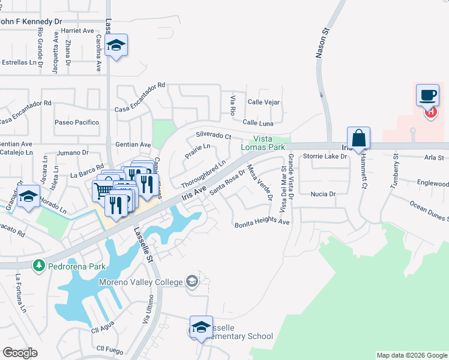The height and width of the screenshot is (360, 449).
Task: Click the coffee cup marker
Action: [x=427, y=95]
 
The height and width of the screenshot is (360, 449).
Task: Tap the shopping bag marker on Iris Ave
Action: [x=358, y=138]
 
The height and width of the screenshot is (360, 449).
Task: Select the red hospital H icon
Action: [x=430, y=112]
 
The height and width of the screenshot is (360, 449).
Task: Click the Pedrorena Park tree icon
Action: [x=39, y=265]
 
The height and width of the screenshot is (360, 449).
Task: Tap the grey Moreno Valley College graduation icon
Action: [x=191, y=281]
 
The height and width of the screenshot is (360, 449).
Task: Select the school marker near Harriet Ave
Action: [x=116, y=45]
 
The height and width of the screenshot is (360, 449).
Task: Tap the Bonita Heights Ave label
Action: [x=262, y=221]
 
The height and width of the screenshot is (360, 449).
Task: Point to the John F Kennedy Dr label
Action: [x=31, y=21]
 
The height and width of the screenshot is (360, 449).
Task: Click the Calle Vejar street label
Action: [x=264, y=103]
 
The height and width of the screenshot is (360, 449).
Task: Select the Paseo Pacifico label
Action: [x=77, y=122]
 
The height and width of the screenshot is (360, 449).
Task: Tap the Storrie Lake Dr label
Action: [x=325, y=157]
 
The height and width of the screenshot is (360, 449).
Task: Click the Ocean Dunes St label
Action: [x=429, y=210]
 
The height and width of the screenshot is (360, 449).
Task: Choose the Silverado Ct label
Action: [x=214, y=136]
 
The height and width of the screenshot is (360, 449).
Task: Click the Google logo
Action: [x=20, y=352]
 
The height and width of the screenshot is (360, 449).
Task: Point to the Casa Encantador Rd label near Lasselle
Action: [x=140, y=97]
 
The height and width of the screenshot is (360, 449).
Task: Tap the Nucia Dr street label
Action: [x=323, y=194]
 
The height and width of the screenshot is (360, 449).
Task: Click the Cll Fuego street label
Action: [x=109, y=349]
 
